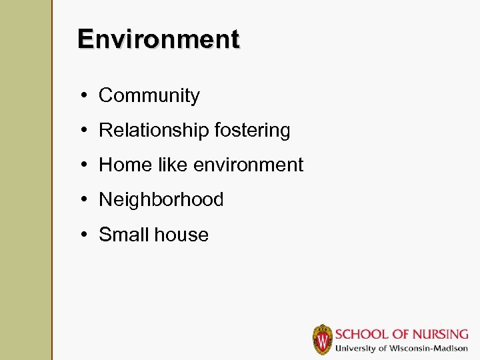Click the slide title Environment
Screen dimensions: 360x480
click(158, 39)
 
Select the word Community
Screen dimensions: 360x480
click(149, 96)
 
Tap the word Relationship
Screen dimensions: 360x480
click(153, 131)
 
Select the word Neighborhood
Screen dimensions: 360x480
click(161, 200)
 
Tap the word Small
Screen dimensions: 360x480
click(123, 235)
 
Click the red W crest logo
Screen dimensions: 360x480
click(323, 339)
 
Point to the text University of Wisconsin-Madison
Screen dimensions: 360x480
click(401, 349)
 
